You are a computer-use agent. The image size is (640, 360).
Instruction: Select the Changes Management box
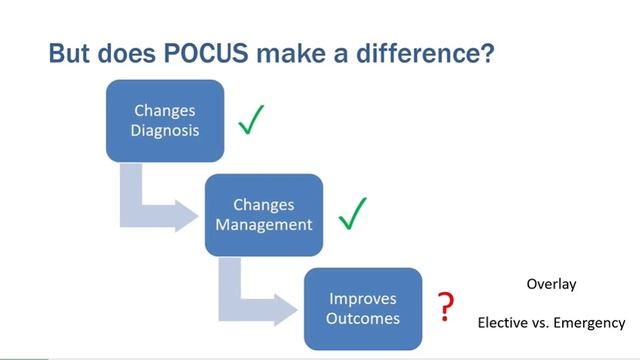pos(264,213)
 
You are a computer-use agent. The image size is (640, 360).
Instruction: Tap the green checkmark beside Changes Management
pos(353,212)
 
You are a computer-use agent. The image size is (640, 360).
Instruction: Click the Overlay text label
pos(551,285)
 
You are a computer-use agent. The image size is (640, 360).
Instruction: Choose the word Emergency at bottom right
pos(590,323)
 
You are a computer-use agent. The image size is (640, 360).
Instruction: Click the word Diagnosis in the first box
pos(163,130)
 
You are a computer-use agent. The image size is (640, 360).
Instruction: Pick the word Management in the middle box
pos(264,223)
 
